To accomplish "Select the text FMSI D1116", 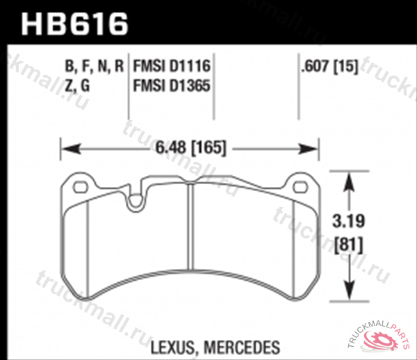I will pos(171,67).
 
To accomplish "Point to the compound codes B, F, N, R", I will pos(94,67).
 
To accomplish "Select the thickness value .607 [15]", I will pos(327,67).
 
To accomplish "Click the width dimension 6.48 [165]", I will pos(190,147).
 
